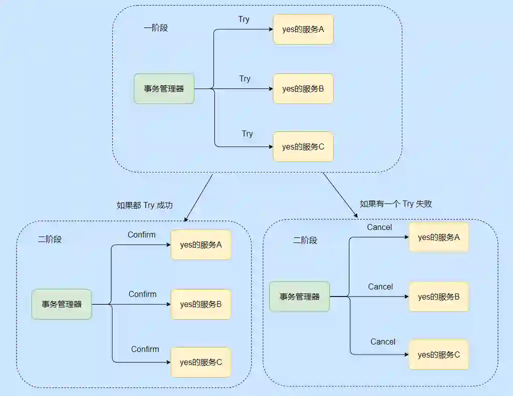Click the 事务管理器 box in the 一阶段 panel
tap(164, 89)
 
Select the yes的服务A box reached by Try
tap(303, 29)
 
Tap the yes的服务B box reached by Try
tap(303, 89)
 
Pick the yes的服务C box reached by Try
tap(303, 147)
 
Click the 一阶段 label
tap(156, 28)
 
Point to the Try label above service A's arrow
tap(244, 19)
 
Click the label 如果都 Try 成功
tap(145, 205)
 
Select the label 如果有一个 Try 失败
tap(396, 203)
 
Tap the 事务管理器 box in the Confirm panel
tap(62, 304)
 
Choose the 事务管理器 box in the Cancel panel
tap(300, 296)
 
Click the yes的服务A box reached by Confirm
tap(201, 245)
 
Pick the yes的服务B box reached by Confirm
tap(201, 304)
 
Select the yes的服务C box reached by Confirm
tap(201, 362)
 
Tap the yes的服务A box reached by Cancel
tap(439, 237)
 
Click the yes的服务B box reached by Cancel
tap(439, 296)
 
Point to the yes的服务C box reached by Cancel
tap(439, 354)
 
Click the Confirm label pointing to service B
tap(143, 294)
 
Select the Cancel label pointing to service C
tap(383, 341)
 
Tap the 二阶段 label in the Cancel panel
tap(305, 240)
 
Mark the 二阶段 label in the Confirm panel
tap(50, 239)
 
